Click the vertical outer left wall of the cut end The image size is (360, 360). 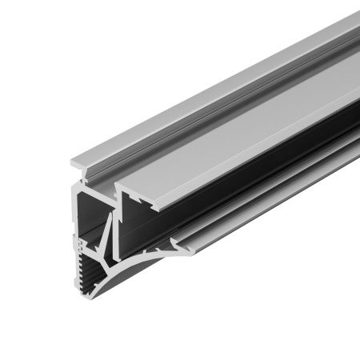[74, 215]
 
